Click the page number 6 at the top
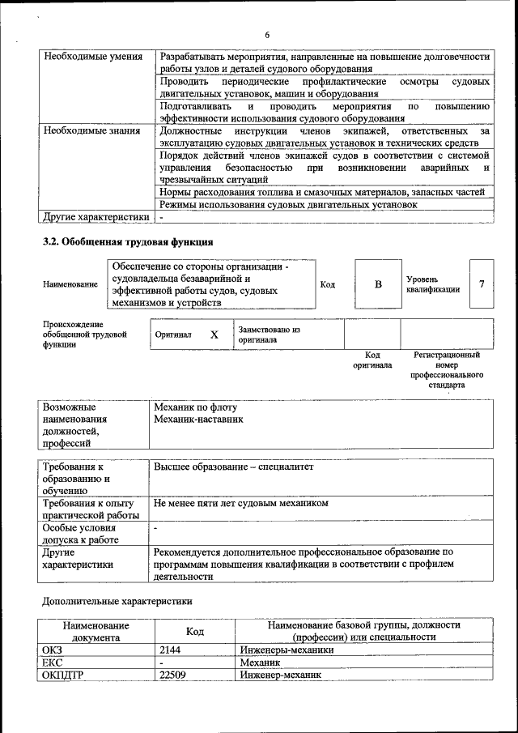tap(266, 35)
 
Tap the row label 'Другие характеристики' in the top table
tap(96, 217)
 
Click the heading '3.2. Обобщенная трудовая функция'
tap(128, 242)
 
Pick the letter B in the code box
tap(377, 284)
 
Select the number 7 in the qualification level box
tap(482, 283)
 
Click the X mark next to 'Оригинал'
tap(214, 335)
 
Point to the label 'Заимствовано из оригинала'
tap(269, 335)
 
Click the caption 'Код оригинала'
tap(372, 360)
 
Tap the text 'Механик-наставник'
tap(198, 420)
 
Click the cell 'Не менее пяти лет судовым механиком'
tap(241, 503)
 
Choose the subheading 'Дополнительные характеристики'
tap(117, 601)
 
